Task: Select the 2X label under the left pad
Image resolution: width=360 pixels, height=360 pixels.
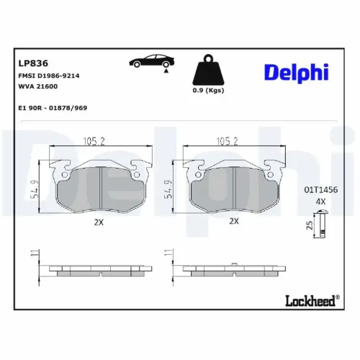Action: (99, 222)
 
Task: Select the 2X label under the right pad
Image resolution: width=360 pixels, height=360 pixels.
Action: (233, 222)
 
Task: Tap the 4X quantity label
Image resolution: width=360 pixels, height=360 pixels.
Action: (320, 202)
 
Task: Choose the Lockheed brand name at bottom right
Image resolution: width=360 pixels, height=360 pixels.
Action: (311, 302)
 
